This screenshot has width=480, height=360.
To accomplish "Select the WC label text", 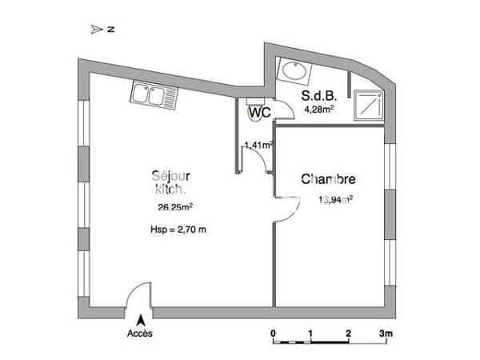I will tap(258, 113).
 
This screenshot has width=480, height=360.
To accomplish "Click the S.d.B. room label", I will tap(318, 96).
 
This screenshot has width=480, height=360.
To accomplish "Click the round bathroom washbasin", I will tap(294, 70).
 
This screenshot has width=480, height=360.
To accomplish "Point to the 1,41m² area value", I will tap(258, 145).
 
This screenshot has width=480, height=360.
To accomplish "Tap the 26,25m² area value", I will tap(174, 209).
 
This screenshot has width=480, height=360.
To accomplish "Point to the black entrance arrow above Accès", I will tap(141, 318).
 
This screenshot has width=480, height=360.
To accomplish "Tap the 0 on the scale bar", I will tap(273, 332).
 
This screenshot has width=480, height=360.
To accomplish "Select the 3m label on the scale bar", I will tap(386, 332).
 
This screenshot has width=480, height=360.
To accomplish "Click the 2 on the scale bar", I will tap(348, 332).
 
